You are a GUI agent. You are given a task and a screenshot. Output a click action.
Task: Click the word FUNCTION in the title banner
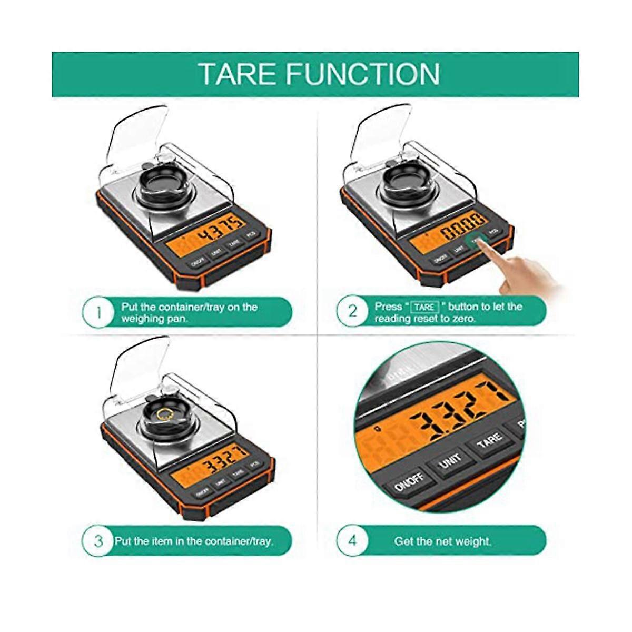pos(362,74)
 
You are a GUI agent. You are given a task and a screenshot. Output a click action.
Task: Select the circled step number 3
pos(98,541)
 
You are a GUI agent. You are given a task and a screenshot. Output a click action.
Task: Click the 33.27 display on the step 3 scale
pos(220,466)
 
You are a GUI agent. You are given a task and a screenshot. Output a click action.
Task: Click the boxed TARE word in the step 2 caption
pos(424,307)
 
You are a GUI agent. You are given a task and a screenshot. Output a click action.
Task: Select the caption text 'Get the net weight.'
pos(442,541)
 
